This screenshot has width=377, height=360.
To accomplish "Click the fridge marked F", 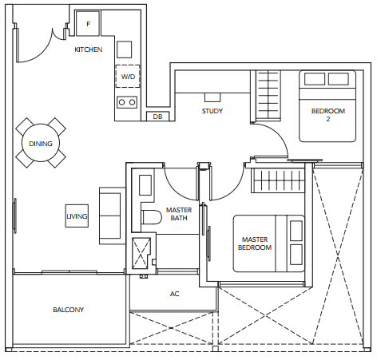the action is pyautogui.click(x=88, y=23).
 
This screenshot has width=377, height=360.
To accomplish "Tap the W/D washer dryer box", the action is pyautogui.click(x=128, y=76).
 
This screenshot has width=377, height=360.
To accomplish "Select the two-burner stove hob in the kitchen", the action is pyautogui.click(x=127, y=102).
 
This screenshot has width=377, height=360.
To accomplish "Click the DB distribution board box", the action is pyautogui.click(x=158, y=117).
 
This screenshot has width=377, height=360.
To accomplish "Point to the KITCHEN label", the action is pyautogui.click(x=89, y=49).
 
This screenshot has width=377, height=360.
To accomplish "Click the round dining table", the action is pyautogui.click(x=41, y=143).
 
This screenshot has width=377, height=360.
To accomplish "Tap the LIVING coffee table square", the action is pyautogui.click(x=77, y=216).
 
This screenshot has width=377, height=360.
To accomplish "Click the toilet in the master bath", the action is pyautogui.click(x=152, y=217).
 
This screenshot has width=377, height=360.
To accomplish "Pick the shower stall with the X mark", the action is pyautogui.click(x=141, y=253).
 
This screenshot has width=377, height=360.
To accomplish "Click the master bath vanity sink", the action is pyautogui.click(x=145, y=185).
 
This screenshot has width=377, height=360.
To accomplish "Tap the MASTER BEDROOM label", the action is pyautogui.click(x=255, y=243).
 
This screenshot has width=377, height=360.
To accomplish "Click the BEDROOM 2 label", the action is pyautogui.click(x=328, y=115).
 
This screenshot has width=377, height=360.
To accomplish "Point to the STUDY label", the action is pyautogui.click(x=212, y=111).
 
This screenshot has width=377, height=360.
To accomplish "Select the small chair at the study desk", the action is pyautogui.click(x=212, y=97).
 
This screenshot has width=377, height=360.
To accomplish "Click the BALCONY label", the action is pyautogui.click(x=69, y=310).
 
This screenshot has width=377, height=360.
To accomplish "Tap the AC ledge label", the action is pyautogui.click(x=175, y=294).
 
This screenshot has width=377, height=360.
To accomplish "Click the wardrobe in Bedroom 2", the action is pyautogui.click(x=268, y=95).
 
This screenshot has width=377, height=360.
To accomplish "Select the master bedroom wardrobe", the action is pyautogui.click(x=278, y=180).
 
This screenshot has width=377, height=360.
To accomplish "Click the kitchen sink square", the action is pyautogui.click(x=124, y=49).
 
